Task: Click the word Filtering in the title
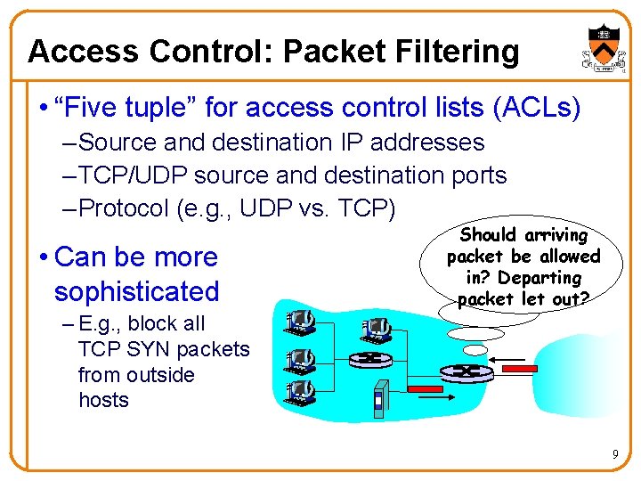(458, 52)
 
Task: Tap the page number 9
(614, 455)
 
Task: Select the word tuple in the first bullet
(157, 109)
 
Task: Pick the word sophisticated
(136, 291)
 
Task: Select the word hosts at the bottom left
(103, 400)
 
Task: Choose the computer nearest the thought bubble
(376, 330)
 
